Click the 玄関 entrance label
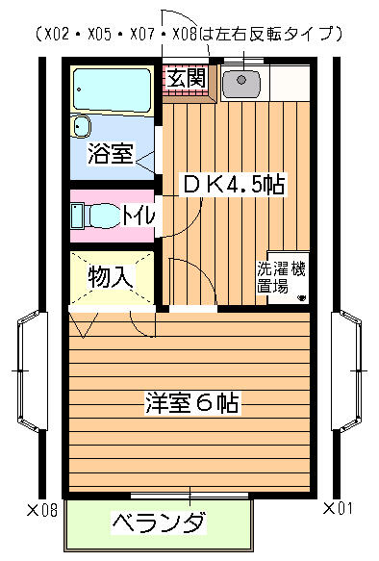click(187, 78)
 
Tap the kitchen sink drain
click(241, 80)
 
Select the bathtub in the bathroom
click(112, 89)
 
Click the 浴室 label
click(111, 153)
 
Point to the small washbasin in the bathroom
click(81, 126)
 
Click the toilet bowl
click(104, 215)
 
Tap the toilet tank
click(77, 216)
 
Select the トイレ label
click(139, 215)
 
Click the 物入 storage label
click(112, 276)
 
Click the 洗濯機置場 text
click(282, 277)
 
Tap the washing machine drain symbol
click(301, 297)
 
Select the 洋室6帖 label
click(192, 403)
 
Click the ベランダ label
click(160, 523)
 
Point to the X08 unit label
click(42, 509)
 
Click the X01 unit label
click(338, 508)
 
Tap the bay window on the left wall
click(32, 371)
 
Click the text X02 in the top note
click(57, 35)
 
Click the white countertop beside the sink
click(290, 83)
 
